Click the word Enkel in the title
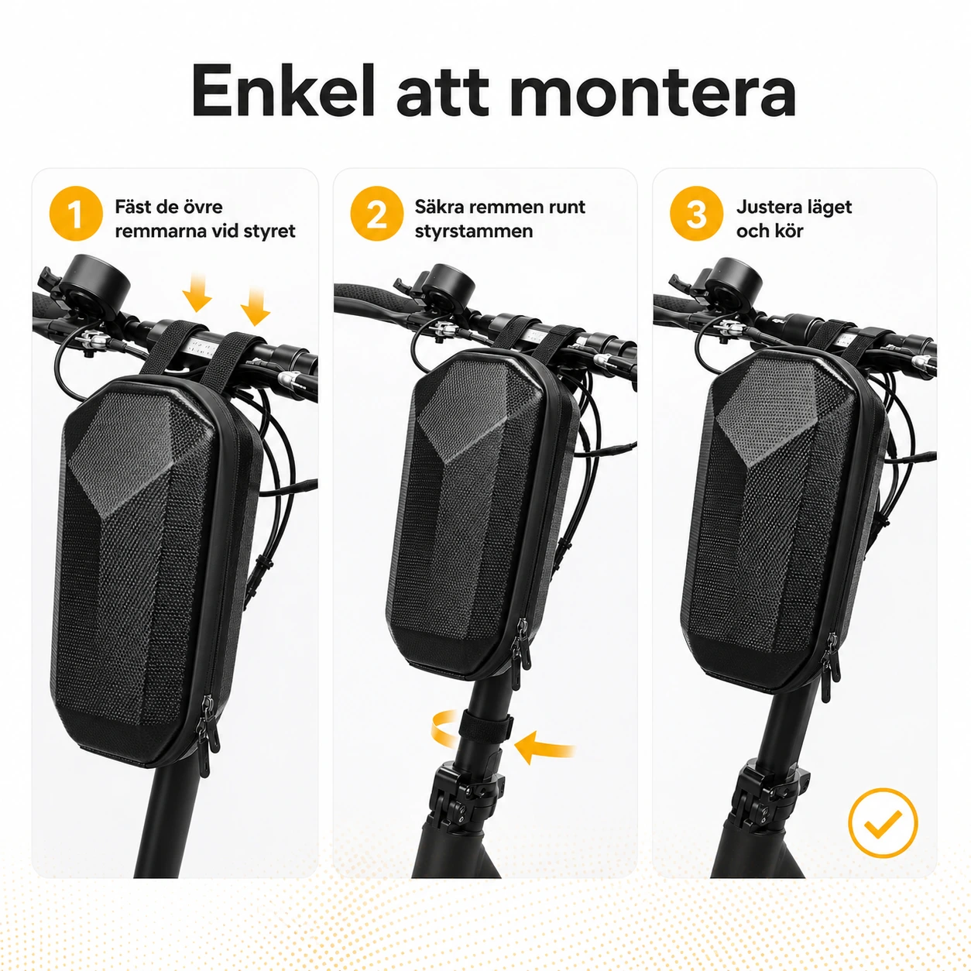click(283, 91)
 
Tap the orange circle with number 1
click(76, 214)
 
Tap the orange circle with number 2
click(377, 214)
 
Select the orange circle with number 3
click(697, 214)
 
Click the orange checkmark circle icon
click(884, 822)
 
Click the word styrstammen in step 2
click(474, 232)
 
